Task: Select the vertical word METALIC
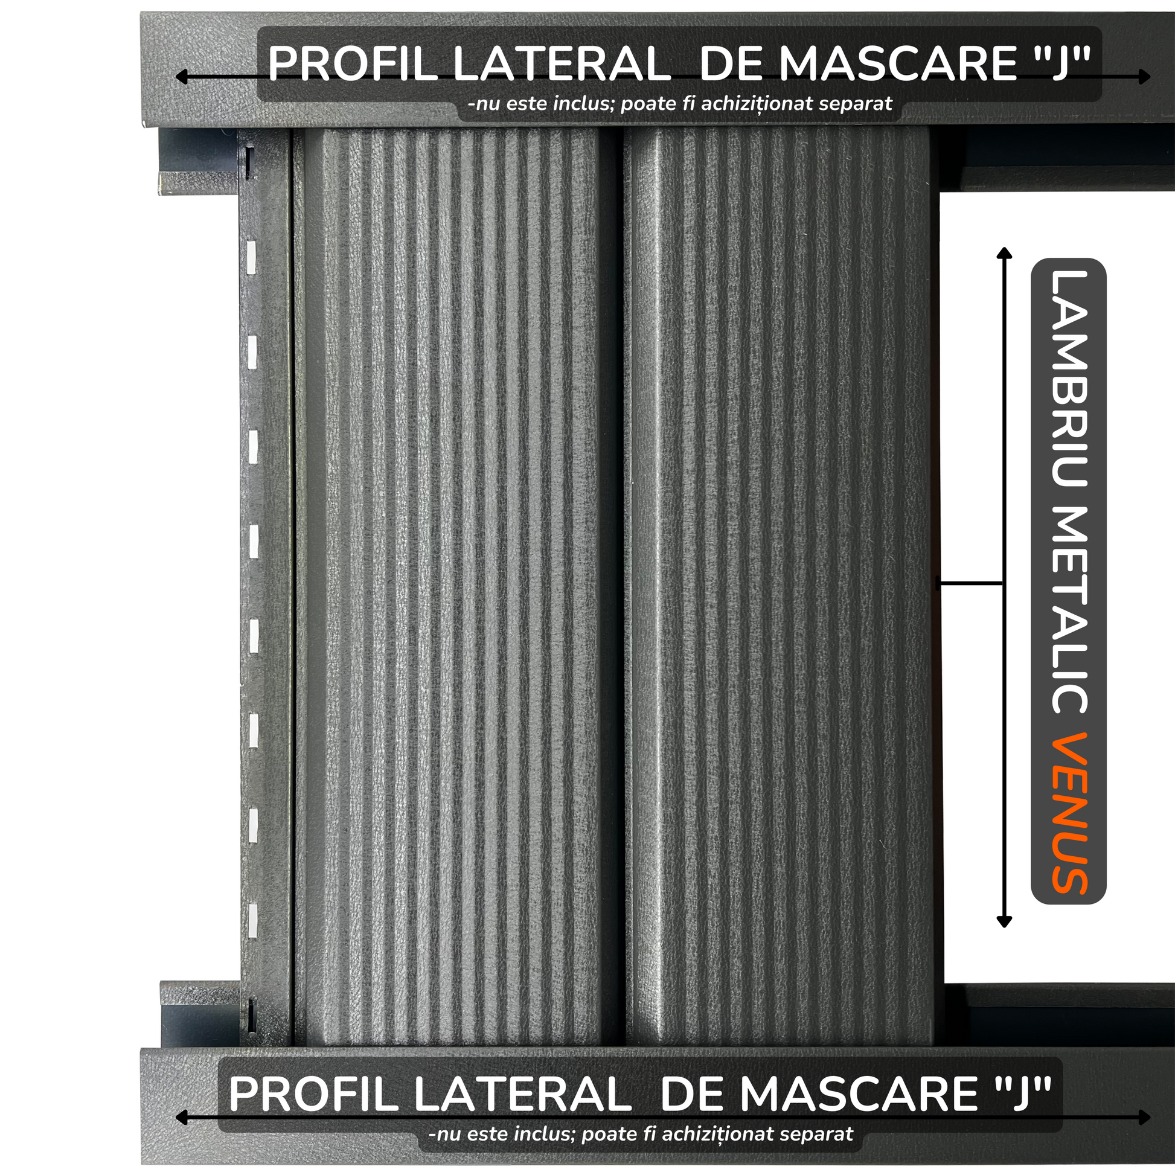click(1069, 610)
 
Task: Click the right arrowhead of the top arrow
click(1145, 77)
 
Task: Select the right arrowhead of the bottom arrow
click(1145, 1117)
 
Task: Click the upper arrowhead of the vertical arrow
click(1005, 253)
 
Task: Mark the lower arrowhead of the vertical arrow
click(1005, 921)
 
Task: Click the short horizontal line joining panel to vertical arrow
click(970, 584)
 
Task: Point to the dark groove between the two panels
click(615, 587)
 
